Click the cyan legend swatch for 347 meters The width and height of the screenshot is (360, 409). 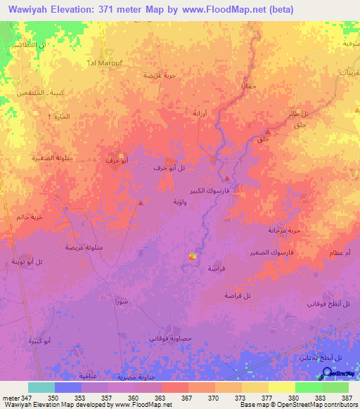41,387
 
